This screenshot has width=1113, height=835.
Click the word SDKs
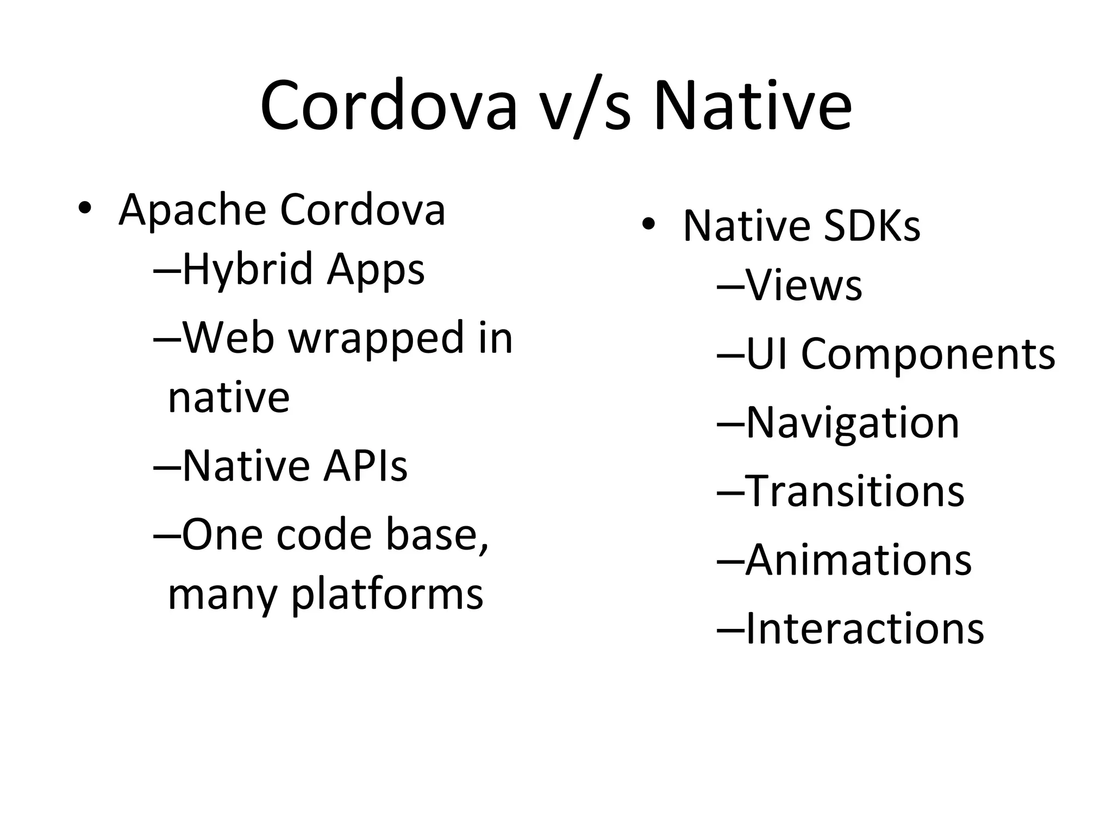872,226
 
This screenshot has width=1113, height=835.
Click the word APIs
365,466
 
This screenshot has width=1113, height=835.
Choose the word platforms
387,595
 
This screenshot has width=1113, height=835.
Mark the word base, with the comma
437,535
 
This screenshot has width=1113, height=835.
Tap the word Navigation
853,423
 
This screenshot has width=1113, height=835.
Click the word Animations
858,560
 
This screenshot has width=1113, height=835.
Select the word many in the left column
223,595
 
